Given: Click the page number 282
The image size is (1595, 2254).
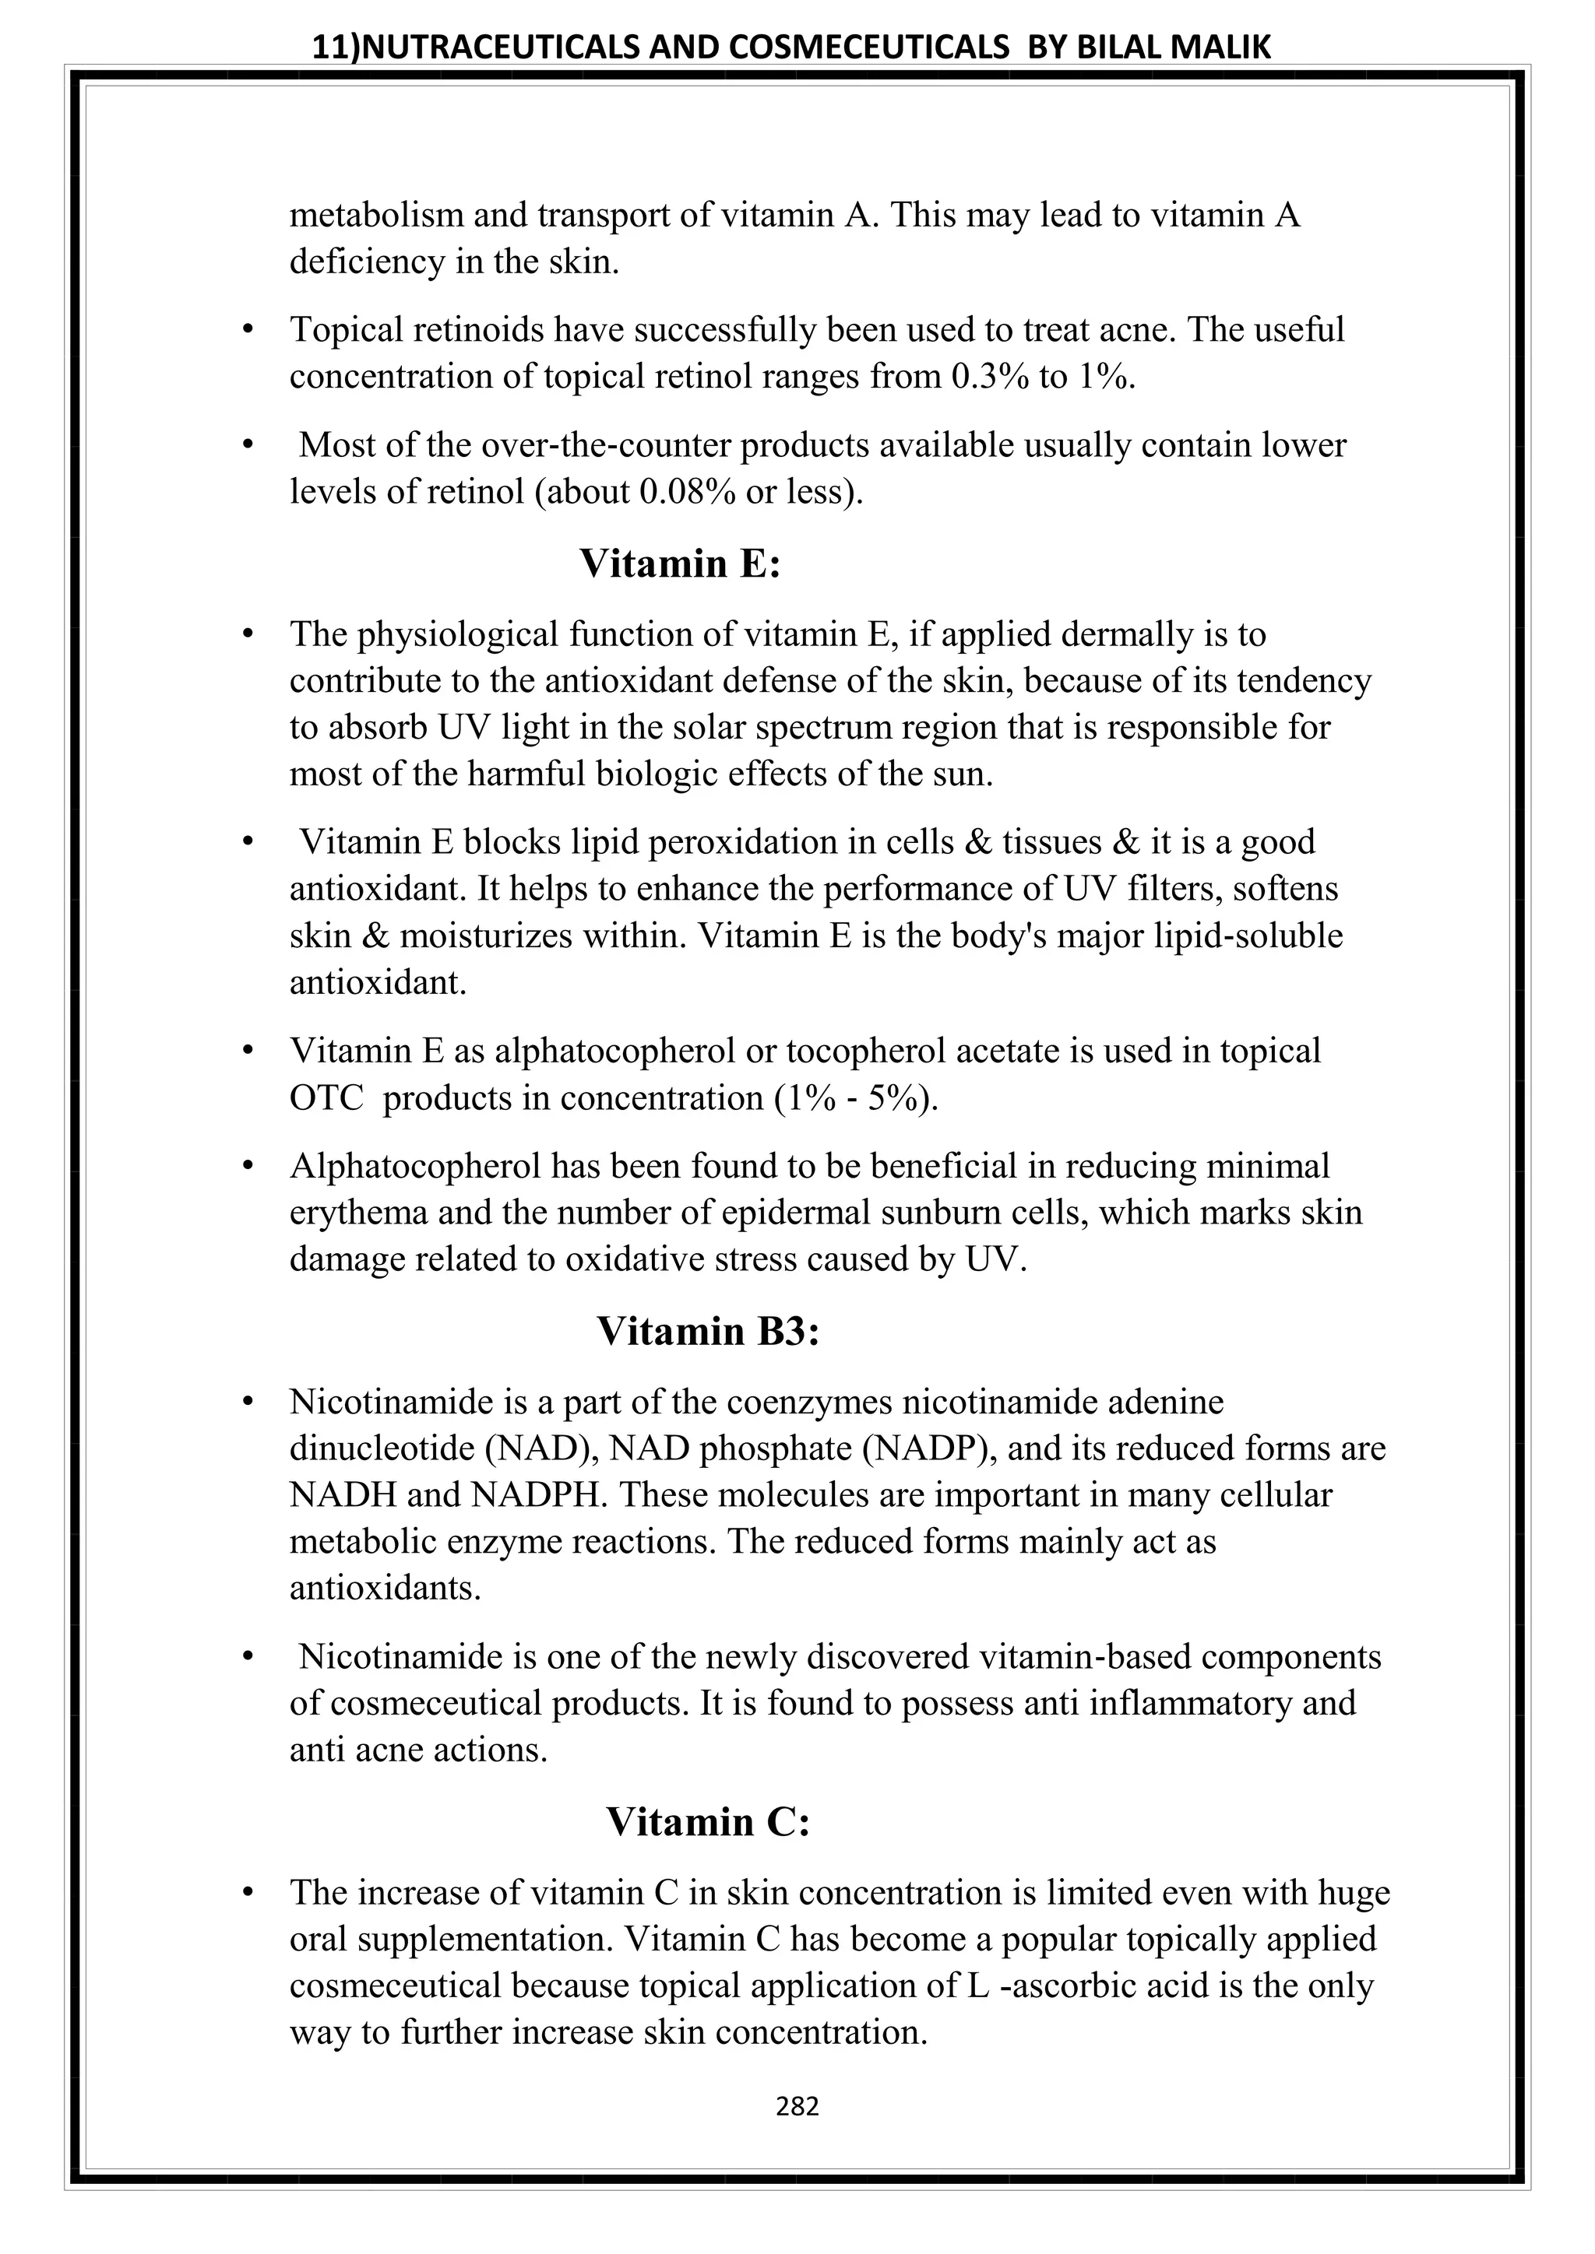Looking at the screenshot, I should [797, 2107].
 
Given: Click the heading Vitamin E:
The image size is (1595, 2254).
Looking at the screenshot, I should [680, 563].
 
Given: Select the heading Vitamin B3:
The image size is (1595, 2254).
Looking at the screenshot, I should [707, 1331].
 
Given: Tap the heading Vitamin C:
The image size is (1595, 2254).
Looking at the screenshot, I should [707, 1822].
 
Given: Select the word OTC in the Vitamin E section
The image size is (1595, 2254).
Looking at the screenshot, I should [327, 1097].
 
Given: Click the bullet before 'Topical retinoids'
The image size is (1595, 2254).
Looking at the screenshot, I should [248, 331].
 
